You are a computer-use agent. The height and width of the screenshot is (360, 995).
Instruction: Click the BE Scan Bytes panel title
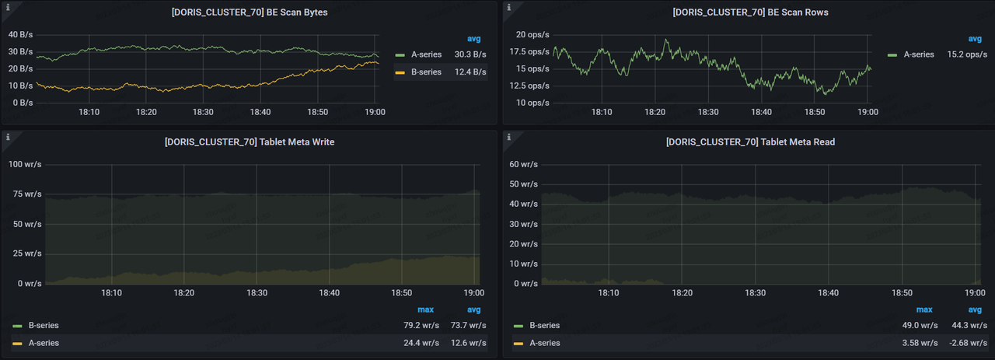click(248, 12)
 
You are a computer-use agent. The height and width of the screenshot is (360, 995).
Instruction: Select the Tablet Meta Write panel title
click(249, 142)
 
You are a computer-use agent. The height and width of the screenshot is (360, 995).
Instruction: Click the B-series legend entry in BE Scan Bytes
click(426, 72)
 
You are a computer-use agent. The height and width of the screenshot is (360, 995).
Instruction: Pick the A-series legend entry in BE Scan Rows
click(916, 54)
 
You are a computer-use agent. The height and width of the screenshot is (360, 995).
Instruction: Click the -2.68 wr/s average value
click(969, 343)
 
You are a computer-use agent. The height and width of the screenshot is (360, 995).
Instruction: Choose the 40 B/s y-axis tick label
click(20, 34)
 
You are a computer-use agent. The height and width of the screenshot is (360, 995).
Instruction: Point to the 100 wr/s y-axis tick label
click(25, 165)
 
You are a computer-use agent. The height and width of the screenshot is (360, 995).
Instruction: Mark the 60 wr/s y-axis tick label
click(524, 165)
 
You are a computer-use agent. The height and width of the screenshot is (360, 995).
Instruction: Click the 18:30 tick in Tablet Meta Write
click(257, 293)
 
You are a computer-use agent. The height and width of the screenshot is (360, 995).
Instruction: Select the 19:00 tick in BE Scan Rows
click(868, 112)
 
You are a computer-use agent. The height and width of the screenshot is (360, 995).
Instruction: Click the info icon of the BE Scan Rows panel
click(508, 7)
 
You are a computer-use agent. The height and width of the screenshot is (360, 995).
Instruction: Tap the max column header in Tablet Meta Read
click(924, 309)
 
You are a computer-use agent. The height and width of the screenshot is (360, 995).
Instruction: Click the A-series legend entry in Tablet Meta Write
click(44, 343)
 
